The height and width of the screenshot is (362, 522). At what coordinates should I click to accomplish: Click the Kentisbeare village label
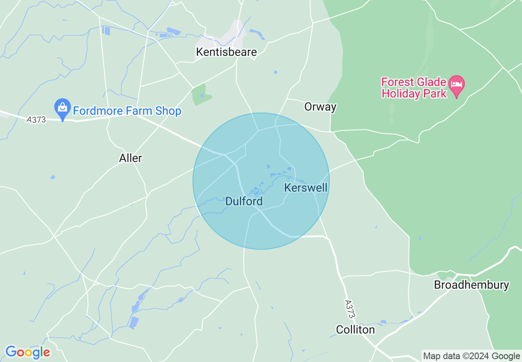point(226,52)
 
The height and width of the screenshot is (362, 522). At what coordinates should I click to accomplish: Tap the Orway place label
point(320,107)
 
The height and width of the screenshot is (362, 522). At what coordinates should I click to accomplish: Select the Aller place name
point(130,158)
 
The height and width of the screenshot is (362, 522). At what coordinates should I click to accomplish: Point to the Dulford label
point(244,202)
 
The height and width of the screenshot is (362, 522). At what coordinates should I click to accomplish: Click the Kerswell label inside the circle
point(306,188)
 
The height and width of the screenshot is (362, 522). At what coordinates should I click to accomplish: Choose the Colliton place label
point(355,330)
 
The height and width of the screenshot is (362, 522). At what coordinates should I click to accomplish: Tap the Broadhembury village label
point(472,285)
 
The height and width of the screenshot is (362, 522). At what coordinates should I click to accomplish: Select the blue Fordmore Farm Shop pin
point(63,108)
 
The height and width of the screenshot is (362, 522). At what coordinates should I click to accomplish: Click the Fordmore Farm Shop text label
point(127,111)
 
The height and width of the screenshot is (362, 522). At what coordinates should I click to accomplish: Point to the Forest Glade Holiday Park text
point(414,88)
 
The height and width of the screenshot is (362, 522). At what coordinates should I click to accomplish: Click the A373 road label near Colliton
point(350,308)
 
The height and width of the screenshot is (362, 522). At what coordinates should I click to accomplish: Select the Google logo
point(28,352)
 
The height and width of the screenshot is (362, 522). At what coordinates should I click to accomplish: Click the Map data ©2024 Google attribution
point(472,356)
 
